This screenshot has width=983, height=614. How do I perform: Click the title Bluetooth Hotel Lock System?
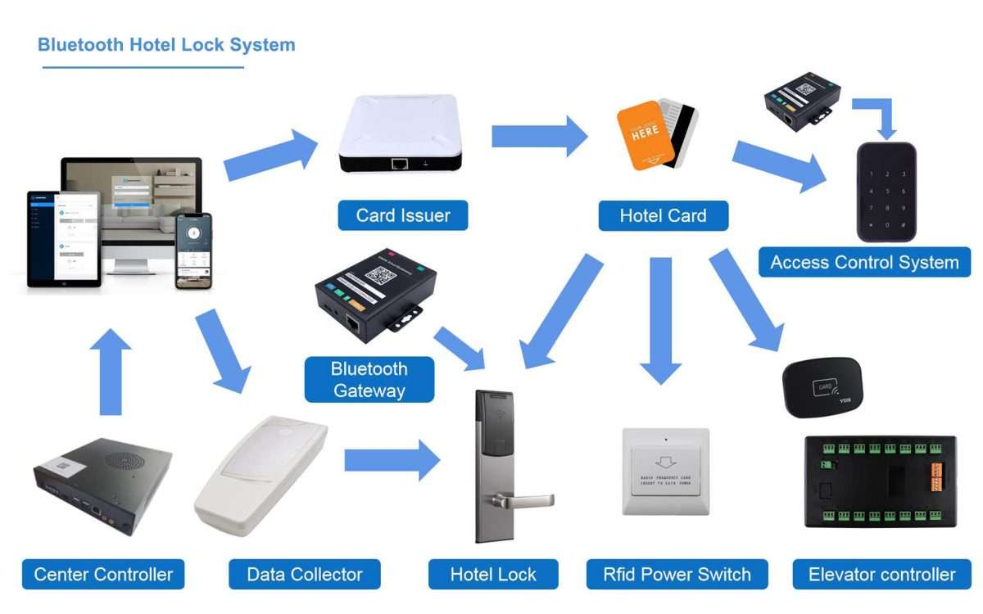click(x=166, y=45)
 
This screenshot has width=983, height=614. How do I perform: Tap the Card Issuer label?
click(x=403, y=216)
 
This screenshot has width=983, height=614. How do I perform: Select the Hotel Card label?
click(x=663, y=216)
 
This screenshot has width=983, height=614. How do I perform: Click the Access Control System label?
click(x=864, y=263)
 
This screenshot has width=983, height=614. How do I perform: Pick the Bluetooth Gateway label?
click(x=369, y=380)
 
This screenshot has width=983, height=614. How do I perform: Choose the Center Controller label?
click(x=103, y=575)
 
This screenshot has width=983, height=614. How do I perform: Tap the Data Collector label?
click(x=305, y=575)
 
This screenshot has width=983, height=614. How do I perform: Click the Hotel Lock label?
click(x=493, y=575)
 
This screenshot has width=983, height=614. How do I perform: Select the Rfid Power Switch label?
click(x=677, y=575)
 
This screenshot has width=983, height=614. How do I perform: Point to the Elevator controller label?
click(x=881, y=575)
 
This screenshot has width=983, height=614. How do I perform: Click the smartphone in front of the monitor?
click(x=194, y=251)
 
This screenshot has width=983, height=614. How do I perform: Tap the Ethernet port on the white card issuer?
click(x=400, y=164)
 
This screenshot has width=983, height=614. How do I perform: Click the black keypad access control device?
click(x=886, y=192)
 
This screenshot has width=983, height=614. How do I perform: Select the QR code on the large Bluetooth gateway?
click(x=380, y=276)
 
